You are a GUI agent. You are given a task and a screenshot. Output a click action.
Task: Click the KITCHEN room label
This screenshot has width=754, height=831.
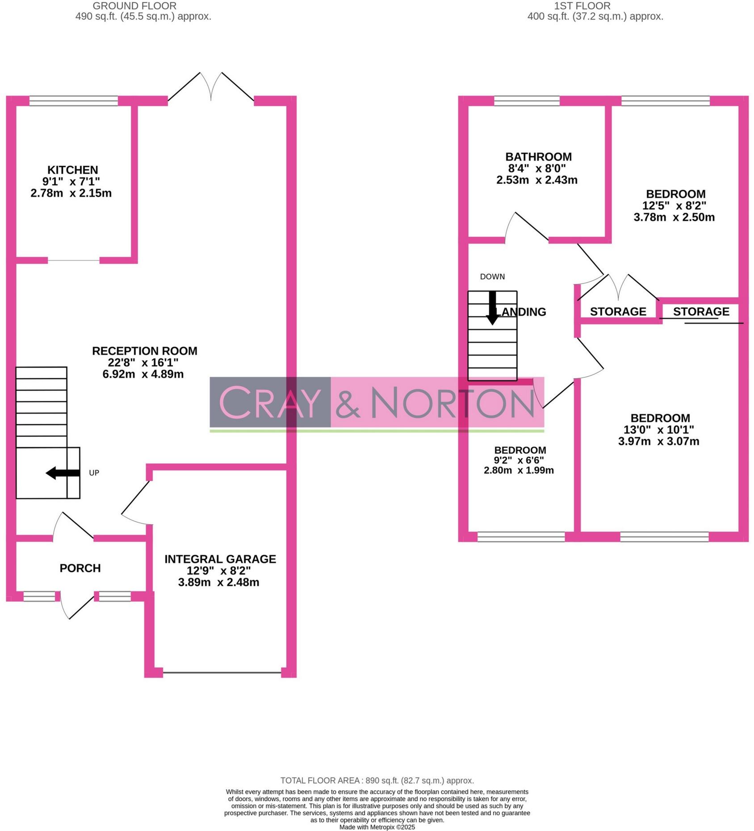pyautogui.click(x=73, y=170)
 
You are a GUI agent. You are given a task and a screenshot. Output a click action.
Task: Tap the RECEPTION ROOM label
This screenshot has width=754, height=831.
pyautogui.click(x=144, y=351)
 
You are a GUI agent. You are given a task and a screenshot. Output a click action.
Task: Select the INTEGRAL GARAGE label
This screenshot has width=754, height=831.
pyautogui.click(x=220, y=559)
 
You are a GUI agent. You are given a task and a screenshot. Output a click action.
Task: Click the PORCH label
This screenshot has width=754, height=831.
pyautogui.click(x=80, y=568)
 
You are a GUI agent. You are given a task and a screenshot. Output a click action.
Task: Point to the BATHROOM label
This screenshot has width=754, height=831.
pyautogui.click(x=538, y=157)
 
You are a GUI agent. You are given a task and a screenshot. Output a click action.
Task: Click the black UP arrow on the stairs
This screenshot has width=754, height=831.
pyautogui.click(x=62, y=472)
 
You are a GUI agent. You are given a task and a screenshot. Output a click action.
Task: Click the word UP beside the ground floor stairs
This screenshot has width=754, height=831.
pyautogui.click(x=94, y=472)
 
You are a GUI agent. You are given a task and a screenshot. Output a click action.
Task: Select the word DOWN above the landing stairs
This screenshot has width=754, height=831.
pyautogui.click(x=492, y=277)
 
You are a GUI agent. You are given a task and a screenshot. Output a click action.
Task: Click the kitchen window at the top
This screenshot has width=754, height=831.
pyautogui.click(x=74, y=101)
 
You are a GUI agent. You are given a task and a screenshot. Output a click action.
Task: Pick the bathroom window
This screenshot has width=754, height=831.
pyautogui.click(x=527, y=101)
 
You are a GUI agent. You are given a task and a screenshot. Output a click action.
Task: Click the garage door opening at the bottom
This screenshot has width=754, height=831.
pyautogui.click(x=222, y=672)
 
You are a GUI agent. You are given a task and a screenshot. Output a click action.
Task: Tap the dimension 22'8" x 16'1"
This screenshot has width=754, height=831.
pyautogui.click(x=143, y=363)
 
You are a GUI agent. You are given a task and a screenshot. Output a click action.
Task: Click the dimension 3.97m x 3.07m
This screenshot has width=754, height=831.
pyautogui.click(x=658, y=442)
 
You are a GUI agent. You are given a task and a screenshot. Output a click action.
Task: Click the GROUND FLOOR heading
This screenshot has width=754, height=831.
pyautogui.click(x=134, y=6)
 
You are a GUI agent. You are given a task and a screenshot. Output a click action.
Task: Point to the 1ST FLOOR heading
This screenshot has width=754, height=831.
pyautogui.click(x=582, y=6)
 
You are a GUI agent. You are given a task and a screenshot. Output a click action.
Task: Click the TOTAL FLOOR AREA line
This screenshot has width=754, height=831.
pyautogui.click(x=377, y=780)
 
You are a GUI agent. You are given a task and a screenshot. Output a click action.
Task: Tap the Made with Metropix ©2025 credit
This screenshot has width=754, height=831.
pyautogui.click(x=377, y=827)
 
